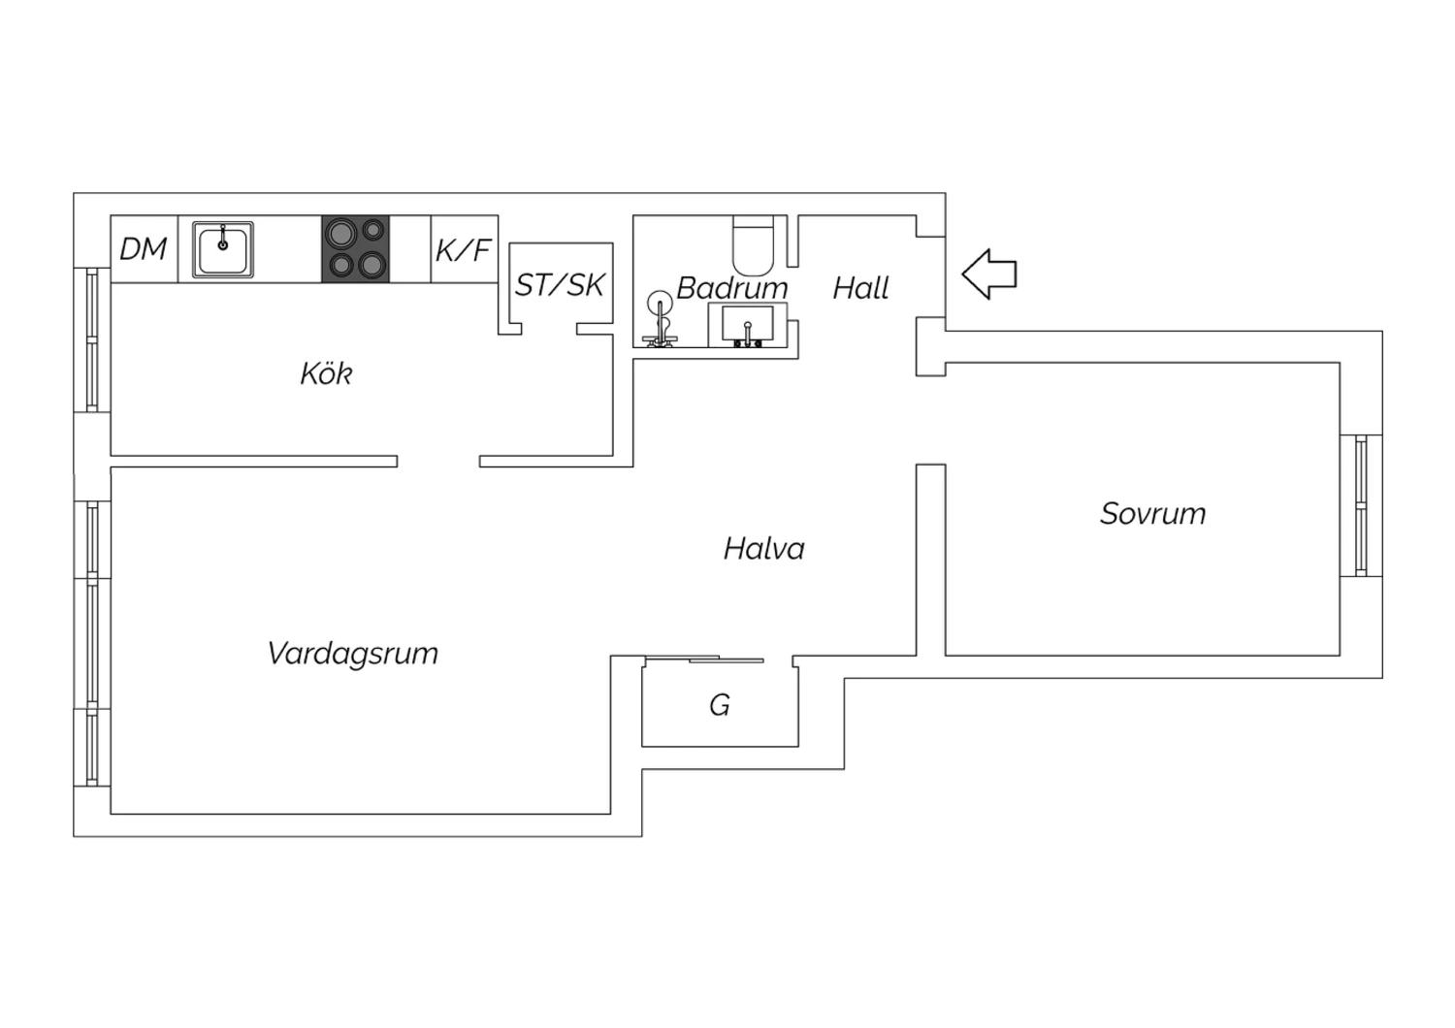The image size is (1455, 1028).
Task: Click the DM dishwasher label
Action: (x=144, y=249)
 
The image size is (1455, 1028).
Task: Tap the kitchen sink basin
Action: (x=223, y=250)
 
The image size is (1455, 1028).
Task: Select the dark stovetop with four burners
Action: (x=356, y=249)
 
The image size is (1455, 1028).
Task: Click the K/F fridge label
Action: (x=463, y=250)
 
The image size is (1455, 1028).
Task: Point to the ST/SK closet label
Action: (x=560, y=285)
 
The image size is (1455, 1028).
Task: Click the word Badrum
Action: (x=732, y=288)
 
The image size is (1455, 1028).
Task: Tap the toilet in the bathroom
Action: (x=754, y=245)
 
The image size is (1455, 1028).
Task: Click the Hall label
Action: (x=860, y=288)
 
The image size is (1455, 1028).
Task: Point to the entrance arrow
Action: (x=989, y=274)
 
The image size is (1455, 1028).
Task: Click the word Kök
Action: (x=326, y=373)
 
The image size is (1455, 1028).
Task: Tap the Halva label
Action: (x=764, y=549)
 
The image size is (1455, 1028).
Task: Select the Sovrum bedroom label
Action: (x=1153, y=514)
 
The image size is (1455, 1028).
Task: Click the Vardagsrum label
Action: (x=353, y=654)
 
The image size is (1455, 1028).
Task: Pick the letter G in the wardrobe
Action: (x=720, y=705)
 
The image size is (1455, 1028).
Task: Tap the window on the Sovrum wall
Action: (x=1362, y=505)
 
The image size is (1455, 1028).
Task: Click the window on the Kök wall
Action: (x=92, y=339)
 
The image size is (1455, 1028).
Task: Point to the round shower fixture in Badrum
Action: (x=661, y=319)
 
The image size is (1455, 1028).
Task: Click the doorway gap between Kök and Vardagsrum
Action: (x=438, y=461)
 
